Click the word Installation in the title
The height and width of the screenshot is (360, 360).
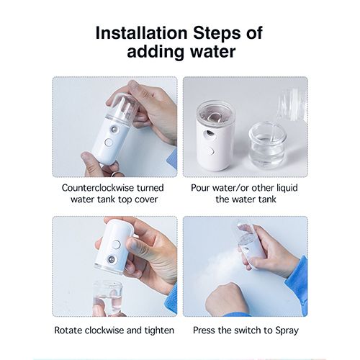click(141, 33)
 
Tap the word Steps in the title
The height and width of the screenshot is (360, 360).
click(217, 33)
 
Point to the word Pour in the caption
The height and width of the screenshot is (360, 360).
click(201, 188)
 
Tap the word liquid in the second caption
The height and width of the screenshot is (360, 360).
click(287, 188)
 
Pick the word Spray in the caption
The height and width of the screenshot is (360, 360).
click(287, 330)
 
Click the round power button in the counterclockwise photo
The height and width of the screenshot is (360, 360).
click(109, 143)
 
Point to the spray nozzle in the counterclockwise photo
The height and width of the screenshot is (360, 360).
click(114, 130)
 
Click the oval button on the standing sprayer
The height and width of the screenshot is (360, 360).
click(211, 150)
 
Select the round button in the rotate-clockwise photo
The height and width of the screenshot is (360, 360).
click(117, 245)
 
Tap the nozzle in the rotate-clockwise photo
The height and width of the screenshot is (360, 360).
click(111, 259)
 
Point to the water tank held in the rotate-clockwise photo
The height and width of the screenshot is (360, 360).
click(107, 297)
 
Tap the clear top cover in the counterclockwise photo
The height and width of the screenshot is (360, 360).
click(122, 106)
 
